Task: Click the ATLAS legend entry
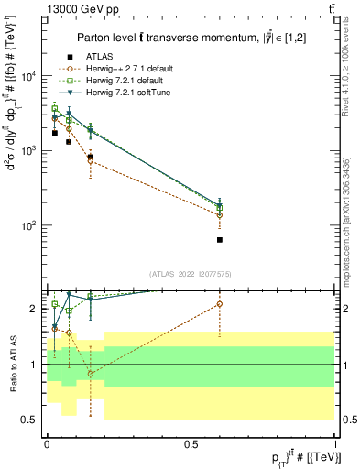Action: click(86, 56)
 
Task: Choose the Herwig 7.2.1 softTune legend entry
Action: click(114, 92)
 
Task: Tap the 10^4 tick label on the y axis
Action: click(27, 76)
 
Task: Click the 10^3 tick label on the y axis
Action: click(27, 150)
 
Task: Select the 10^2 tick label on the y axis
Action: click(27, 225)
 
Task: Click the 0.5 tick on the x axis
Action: click(191, 443)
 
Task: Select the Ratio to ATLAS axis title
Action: click(12, 364)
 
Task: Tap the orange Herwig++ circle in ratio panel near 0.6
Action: click(220, 303)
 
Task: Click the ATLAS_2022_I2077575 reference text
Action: click(190, 273)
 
